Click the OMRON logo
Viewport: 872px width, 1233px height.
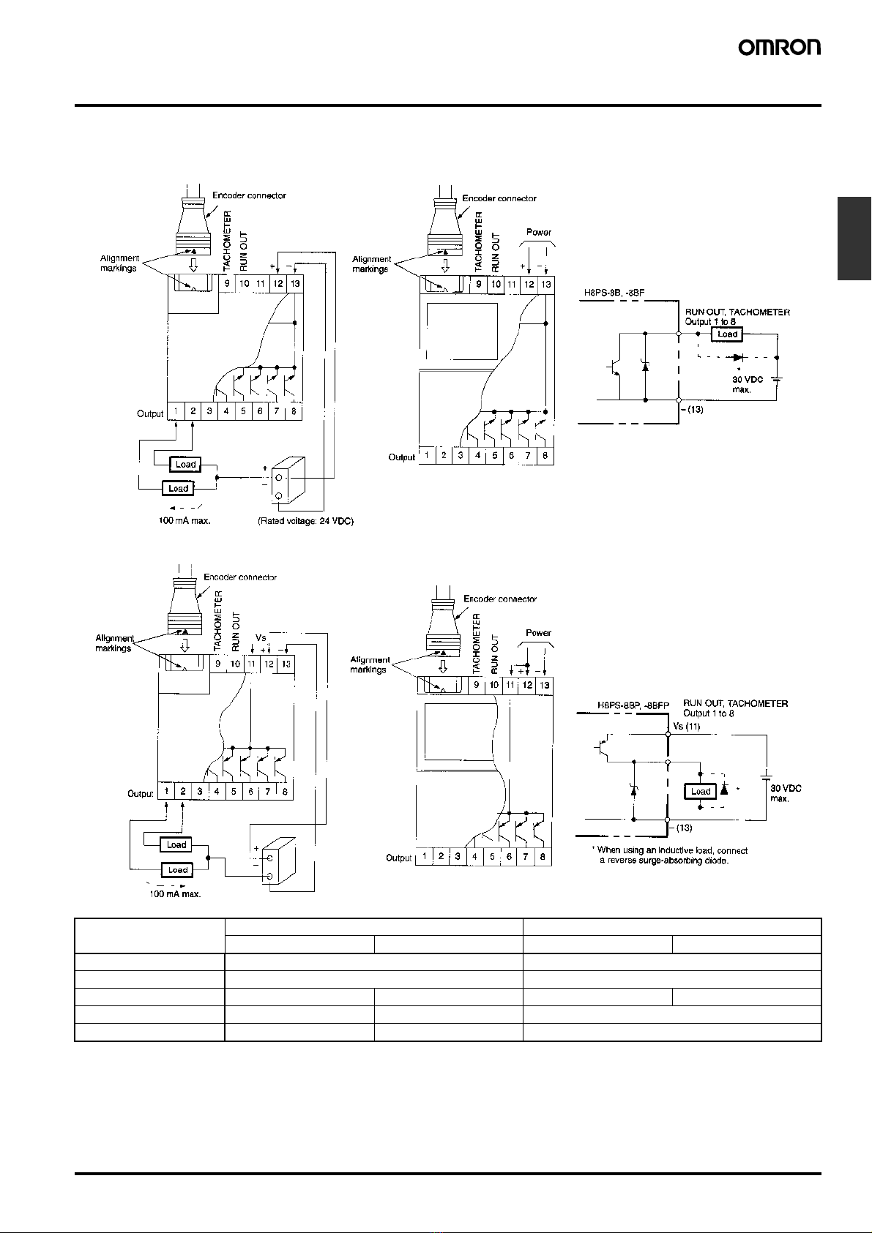point(780,48)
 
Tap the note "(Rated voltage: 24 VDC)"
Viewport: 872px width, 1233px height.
point(306,521)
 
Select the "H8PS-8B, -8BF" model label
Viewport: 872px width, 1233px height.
point(614,293)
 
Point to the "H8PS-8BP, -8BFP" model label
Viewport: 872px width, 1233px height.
point(633,705)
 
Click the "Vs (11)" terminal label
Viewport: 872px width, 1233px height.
point(686,726)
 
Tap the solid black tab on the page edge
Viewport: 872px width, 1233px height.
point(854,239)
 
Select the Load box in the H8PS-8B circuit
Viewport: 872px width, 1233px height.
point(727,334)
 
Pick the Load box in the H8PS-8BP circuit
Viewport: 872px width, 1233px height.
point(701,792)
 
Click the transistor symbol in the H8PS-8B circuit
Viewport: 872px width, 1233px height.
point(614,368)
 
